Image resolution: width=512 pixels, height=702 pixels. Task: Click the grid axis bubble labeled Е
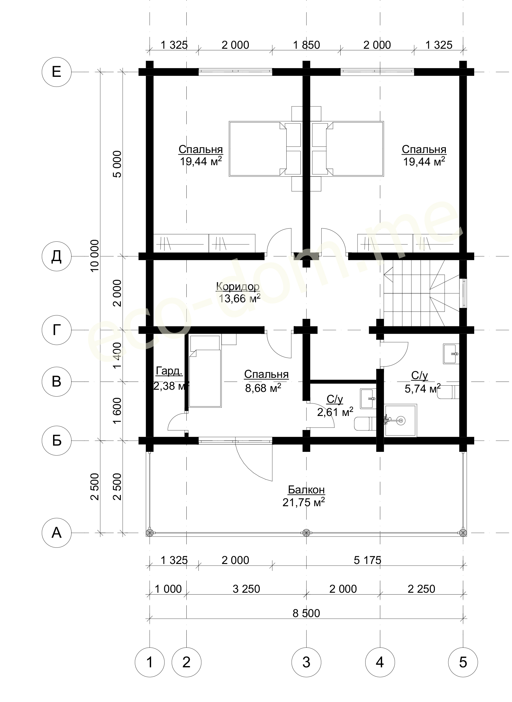coord(57,72)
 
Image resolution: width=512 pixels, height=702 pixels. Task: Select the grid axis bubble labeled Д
coord(57,256)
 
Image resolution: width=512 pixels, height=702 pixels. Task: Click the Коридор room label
coord(238,286)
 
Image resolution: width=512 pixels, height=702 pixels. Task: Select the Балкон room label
coord(306,490)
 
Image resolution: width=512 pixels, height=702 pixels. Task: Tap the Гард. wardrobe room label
coord(169,371)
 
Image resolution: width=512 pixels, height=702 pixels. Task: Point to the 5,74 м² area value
coord(423,389)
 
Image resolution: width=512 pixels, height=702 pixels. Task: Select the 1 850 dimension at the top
coord(306,45)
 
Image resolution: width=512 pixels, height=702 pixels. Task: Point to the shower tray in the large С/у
coord(401,421)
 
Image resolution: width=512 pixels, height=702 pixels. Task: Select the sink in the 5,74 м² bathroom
coord(451,354)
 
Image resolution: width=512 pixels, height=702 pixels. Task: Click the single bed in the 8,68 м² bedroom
coord(205,371)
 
